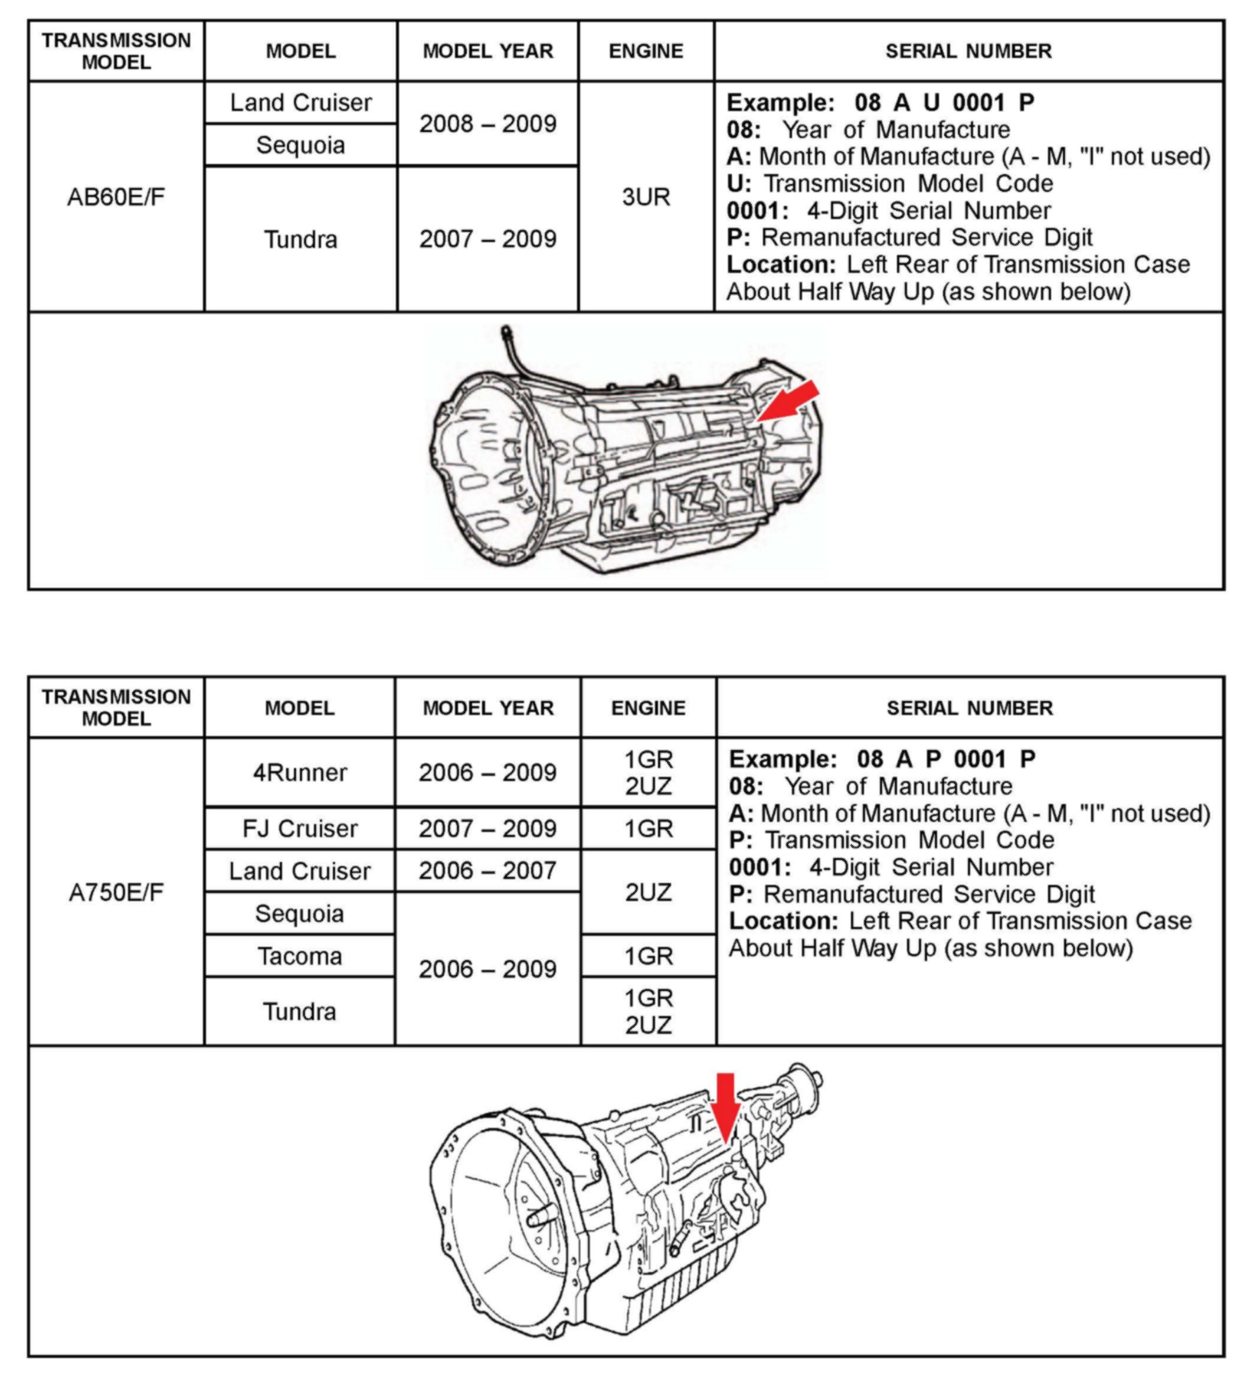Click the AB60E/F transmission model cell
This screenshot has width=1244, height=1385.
coord(116,197)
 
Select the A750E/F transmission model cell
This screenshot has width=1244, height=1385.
coord(116,892)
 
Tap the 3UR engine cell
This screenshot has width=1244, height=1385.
coord(646,197)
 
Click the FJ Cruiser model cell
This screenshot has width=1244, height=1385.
coord(299,828)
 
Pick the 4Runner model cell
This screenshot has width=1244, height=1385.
coord(299,772)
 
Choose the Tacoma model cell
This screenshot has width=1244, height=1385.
coord(299,956)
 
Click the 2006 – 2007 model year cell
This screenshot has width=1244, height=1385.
coord(487,870)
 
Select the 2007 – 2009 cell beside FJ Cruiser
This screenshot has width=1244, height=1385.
coord(487,828)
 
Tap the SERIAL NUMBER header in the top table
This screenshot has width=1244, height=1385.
coord(968,51)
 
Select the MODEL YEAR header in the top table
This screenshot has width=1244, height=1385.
coord(487,51)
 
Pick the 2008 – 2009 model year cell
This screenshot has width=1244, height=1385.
coord(487,124)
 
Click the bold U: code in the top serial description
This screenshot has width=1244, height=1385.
coord(739,183)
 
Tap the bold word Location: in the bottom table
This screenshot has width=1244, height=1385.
coord(783,921)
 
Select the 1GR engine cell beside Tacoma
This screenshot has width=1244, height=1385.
coord(648,956)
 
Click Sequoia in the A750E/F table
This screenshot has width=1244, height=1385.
coord(299,913)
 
